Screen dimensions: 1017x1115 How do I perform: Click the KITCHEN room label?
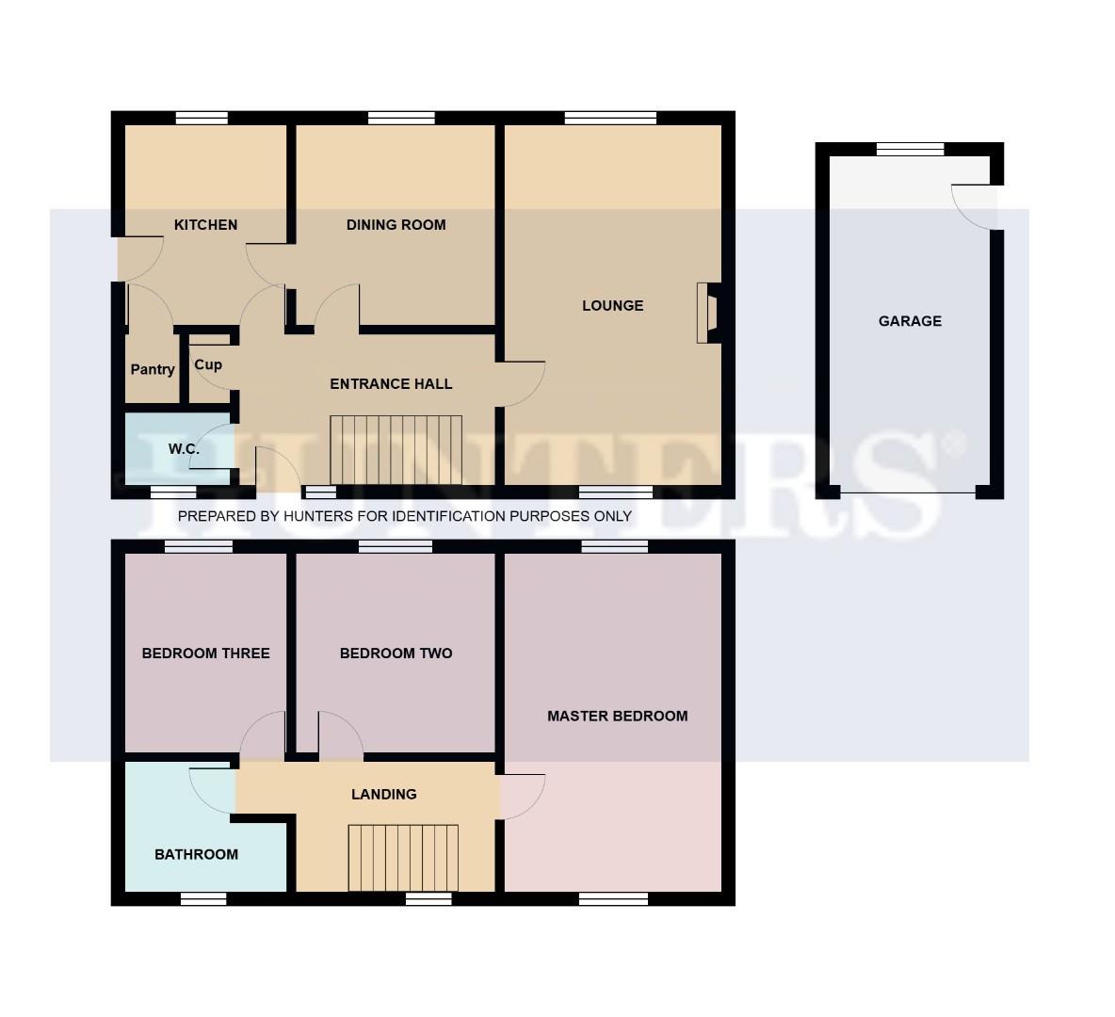[x=205, y=225]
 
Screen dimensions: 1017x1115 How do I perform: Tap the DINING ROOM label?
[x=396, y=225]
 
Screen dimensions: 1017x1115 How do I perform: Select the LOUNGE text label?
[x=612, y=306]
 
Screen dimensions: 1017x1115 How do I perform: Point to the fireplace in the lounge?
[x=707, y=313]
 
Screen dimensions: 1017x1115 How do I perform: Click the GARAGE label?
[x=910, y=321]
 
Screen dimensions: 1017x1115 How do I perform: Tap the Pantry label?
[x=153, y=370]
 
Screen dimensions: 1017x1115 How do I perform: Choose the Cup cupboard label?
[x=208, y=365]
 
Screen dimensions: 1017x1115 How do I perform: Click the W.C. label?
[x=184, y=449]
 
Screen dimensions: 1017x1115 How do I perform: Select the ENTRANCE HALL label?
[x=391, y=384]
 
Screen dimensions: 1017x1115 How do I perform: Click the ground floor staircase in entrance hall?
[x=396, y=449]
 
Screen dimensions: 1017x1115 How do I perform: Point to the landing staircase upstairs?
[x=403, y=857]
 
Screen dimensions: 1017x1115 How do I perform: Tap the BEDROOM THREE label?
[x=205, y=654]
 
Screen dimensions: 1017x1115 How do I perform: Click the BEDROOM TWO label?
[x=396, y=654]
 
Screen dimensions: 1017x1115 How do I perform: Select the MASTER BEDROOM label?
[x=617, y=717]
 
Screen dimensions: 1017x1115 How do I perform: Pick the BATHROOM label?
[x=196, y=855]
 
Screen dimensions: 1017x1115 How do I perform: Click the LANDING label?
[x=383, y=795]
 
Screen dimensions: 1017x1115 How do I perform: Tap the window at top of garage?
[x=910, y=149]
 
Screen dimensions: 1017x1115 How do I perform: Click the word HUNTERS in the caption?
[x=323, y=517]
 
